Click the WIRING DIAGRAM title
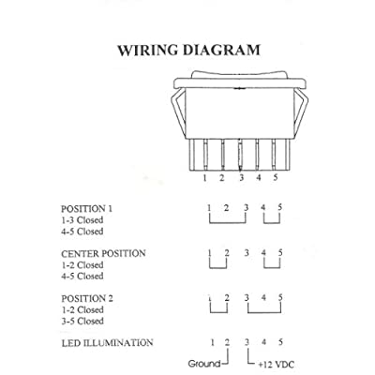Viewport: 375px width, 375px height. [x=188, y=51]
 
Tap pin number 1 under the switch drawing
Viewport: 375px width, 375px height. [x=204, y=178]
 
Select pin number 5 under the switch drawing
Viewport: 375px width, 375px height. [x=276, y=177]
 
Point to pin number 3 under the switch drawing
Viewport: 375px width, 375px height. [x=241, y=178]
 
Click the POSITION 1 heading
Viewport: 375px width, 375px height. [x=86, y=209]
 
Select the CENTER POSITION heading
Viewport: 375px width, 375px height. [x=103, y=253]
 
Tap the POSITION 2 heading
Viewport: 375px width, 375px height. [x=87, y=298]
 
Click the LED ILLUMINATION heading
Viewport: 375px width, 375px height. [x=107, y=343]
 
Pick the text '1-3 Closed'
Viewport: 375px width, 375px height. [x=82, y=220]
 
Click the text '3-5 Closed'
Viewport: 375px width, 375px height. [x=82, y=321]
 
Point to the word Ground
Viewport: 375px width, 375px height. [x=204, y=364]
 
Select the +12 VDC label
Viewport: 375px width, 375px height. [x=277, y=365]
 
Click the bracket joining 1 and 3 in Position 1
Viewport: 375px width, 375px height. [x=228, y=223]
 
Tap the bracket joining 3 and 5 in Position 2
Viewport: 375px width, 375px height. [x=264, y=312]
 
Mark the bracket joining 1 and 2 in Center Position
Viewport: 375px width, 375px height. [x=217, y=268]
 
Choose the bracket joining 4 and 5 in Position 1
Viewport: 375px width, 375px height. [x=272, y=223]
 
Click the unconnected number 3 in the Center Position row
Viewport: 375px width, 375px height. [x=247, y=252]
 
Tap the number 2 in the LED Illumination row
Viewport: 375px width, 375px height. [x=227, y=342]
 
